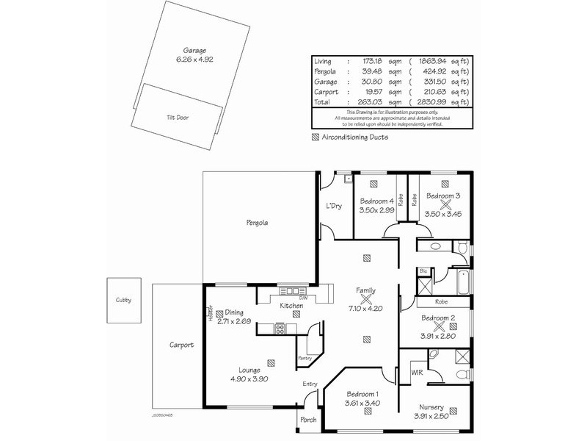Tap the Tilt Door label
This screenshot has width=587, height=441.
click(177, 117)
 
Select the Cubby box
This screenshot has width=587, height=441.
click(123, 300)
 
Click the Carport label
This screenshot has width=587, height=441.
click(181, 344)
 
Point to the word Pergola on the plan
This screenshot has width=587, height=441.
click(257, 222)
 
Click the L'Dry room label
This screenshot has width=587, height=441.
click(335, 207)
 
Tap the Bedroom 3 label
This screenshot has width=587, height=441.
click(443, 196)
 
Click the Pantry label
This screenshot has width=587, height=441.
click(306, 358)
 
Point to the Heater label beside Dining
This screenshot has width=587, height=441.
click(211, 313)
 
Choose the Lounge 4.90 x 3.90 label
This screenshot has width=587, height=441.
click(247, 379)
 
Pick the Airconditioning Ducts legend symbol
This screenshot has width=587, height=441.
click(316, 137)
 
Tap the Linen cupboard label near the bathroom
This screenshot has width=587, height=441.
click(423, 271)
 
